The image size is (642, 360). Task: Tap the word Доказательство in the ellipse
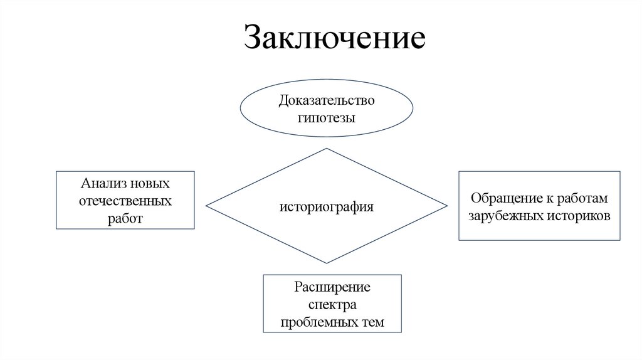(327, 100)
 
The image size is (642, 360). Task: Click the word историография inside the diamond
(327, 206)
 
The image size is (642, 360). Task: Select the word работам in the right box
(585, 199)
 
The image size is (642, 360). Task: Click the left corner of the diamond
(207, 206)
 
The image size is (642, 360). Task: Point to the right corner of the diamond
(447, 206)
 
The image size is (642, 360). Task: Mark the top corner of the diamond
(327, 149)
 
